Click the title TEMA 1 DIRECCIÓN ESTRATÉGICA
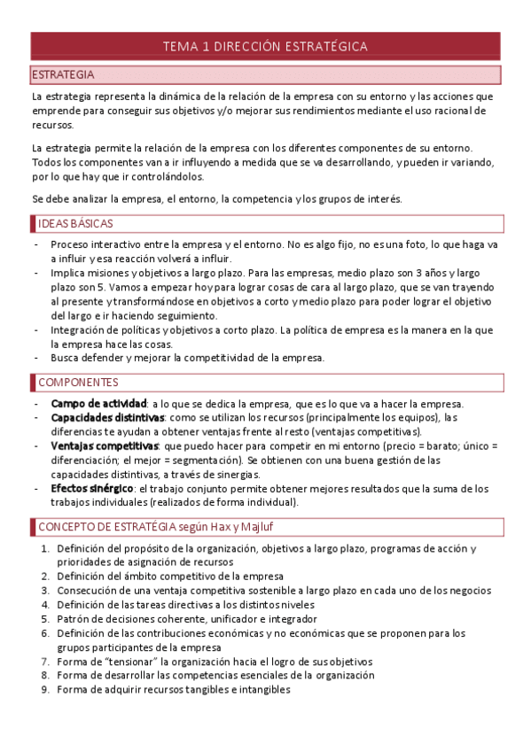pyautogui.click(x=265, y=46)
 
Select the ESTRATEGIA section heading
pyautogui.click(x=63, y=74)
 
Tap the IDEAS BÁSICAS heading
pyautogui.click(x=74, y=223)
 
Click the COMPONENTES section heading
pyautogui.click(x=78, y=383)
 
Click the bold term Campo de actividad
pyautogui.click(x=98, y=405)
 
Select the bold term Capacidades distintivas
pyautogui.click(x=108, y=417)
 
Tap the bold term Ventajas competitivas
pyautogui.click(x=105, y=445)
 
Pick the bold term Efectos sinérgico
pyautogui.click(x=92, y=488)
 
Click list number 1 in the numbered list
pyautogui.click(x=46, y=549)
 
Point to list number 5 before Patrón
pyautogui.click(x=46, y=619)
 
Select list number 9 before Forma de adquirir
pyautogui.click(x=46, y=689)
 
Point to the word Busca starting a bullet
pyautogui.click(x=66, y=358)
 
